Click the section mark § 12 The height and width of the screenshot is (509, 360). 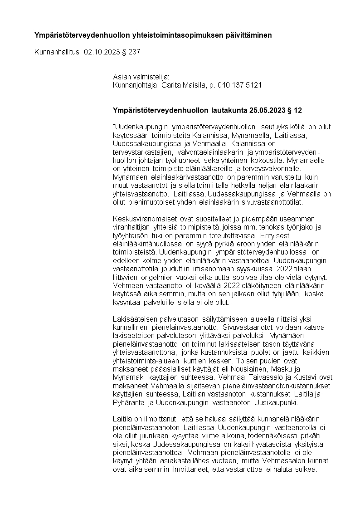pyautogui.click(x=296, y=110)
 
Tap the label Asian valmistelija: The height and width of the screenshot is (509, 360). pyautogui.click(x=141, y=77)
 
